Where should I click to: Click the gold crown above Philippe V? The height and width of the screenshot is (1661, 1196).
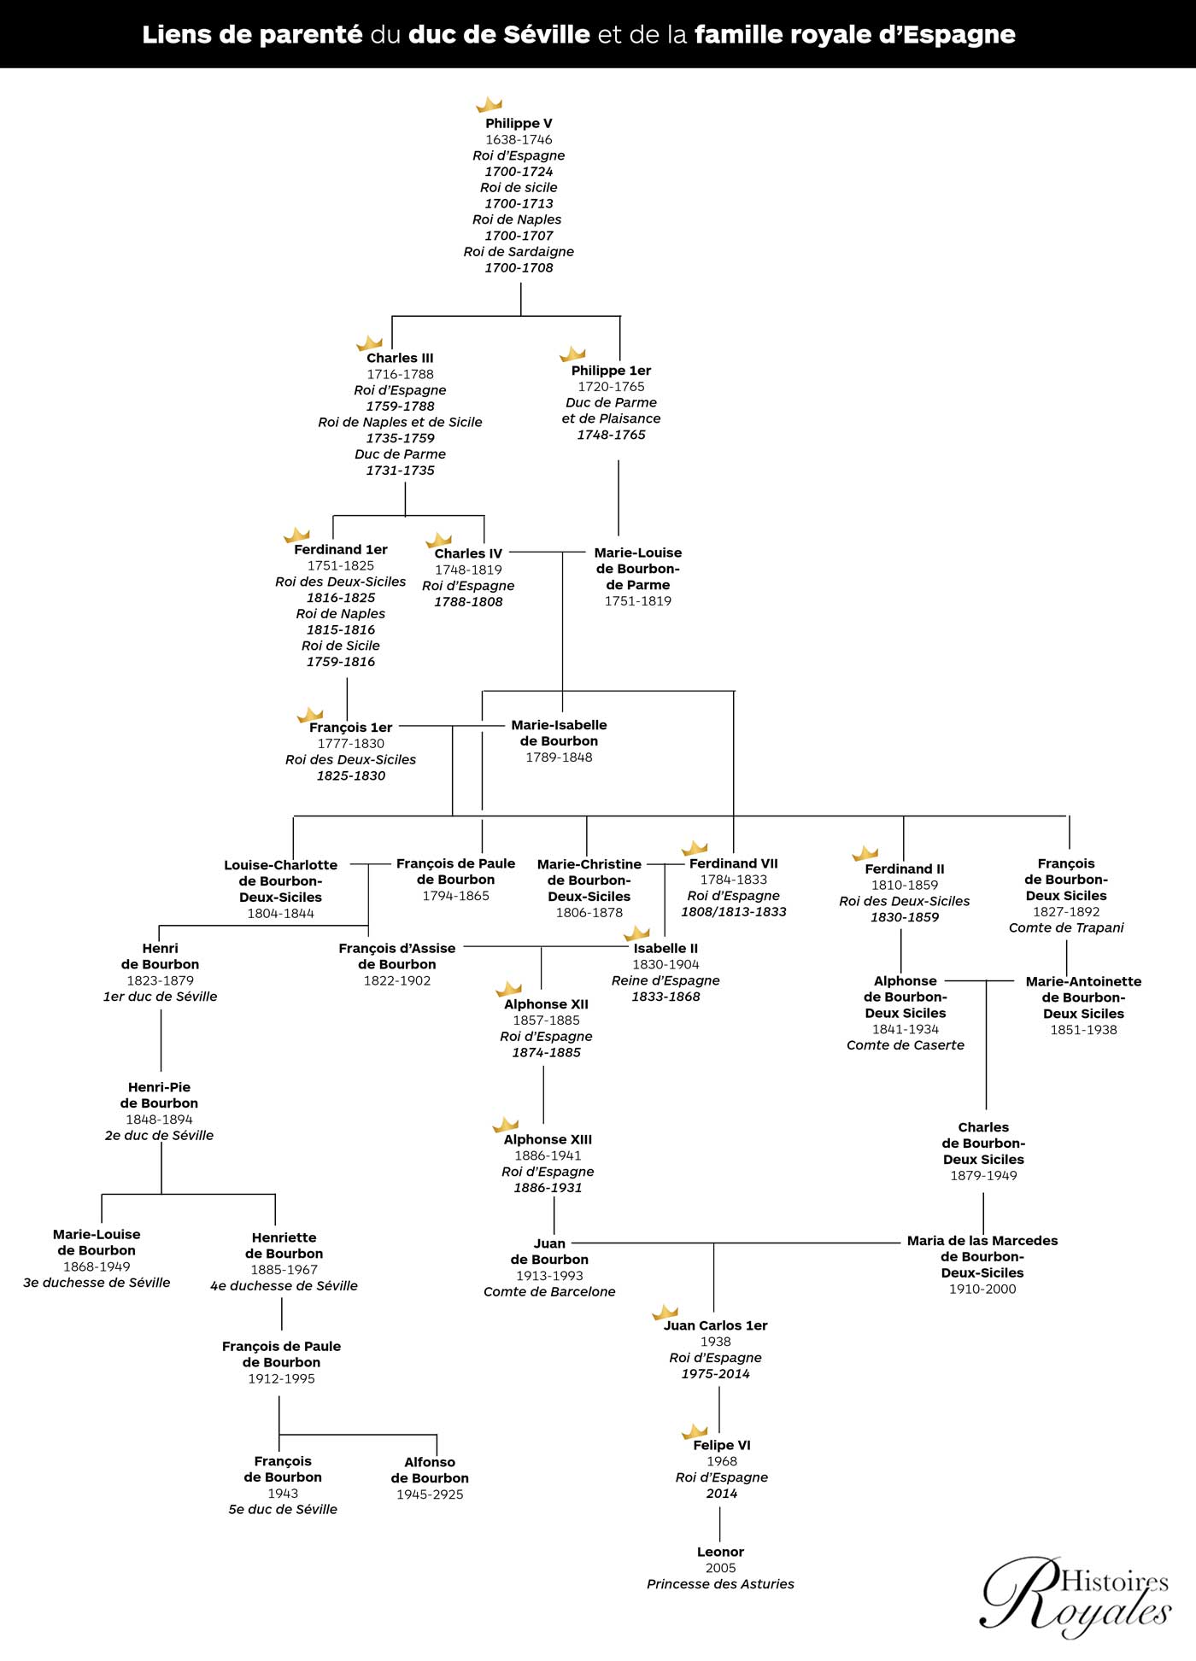click(489, 104)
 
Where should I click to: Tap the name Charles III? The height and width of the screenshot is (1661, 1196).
click(400, 358)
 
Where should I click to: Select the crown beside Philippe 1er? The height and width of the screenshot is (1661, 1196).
click(572, 354)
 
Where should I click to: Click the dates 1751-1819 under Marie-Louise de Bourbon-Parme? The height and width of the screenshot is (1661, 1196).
click(638, 601)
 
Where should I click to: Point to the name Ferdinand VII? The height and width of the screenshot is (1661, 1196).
click(734, 863)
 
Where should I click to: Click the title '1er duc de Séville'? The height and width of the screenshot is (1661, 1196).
click(161, 997)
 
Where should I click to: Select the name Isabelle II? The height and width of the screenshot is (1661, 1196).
click(665, 948)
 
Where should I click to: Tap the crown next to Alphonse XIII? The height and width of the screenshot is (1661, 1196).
click(506, 1125)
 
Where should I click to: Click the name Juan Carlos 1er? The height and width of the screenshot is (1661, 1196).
click(716, 1325)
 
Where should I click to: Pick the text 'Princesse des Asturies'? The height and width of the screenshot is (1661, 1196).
click(720, 1584)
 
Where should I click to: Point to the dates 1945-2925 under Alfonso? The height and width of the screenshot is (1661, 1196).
click(430, 1494)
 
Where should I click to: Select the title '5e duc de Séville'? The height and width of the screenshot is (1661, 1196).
click(283, 1509)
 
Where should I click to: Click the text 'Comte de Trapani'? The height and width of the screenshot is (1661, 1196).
click(1066, 927)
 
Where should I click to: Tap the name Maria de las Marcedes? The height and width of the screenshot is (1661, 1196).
click(982, 1240)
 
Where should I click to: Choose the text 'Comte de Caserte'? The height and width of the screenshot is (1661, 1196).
click(906, 1045)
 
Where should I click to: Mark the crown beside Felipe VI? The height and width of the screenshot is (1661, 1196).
click(695, 1430)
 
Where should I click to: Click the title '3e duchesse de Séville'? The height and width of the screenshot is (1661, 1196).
click(97, 1283)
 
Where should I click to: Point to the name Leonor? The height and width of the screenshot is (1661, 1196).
click(720, 1552)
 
